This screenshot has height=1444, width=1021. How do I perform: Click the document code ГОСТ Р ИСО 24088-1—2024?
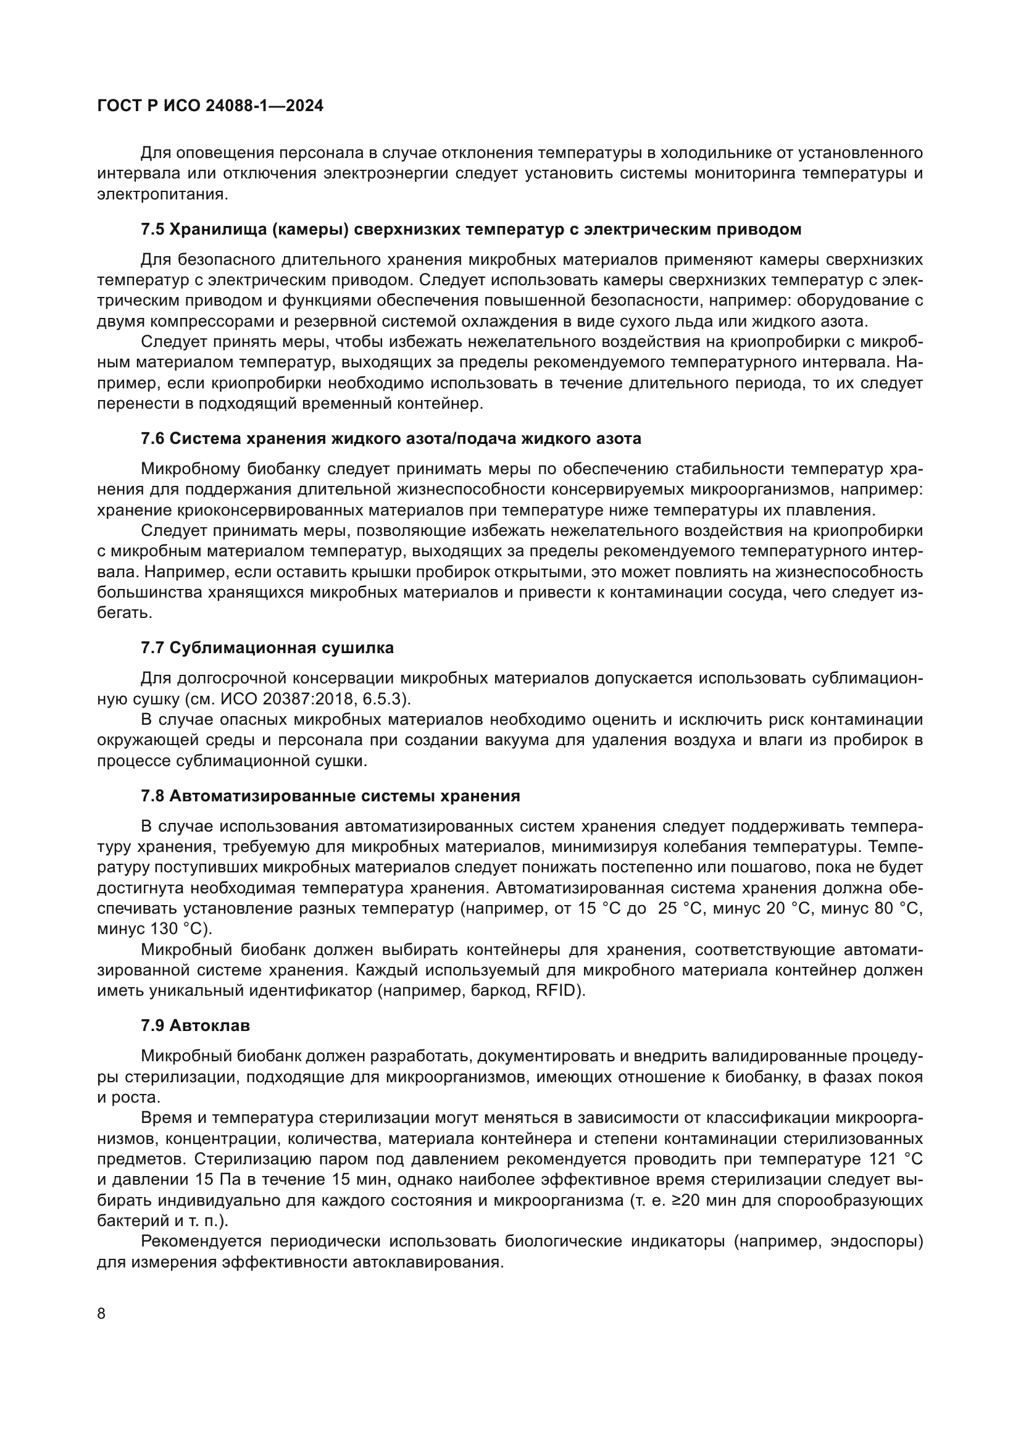click(x=210, y=106)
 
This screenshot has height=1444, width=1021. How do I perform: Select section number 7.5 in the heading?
click(x=152, y=230)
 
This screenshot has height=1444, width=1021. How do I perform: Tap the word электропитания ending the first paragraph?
click(x=160, y=194)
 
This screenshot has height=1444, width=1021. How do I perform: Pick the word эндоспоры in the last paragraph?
click(x=877, y=1242)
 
